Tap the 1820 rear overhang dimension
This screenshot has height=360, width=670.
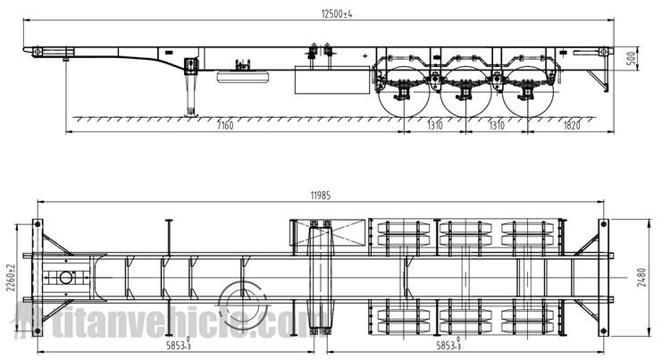tap(572, 125)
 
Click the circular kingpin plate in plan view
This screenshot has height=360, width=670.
tap(64, 277)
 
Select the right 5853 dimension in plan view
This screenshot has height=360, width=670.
tap(448, 345)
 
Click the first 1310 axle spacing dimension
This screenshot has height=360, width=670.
tap(435, 125)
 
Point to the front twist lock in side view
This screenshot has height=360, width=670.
tap(37, 52)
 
